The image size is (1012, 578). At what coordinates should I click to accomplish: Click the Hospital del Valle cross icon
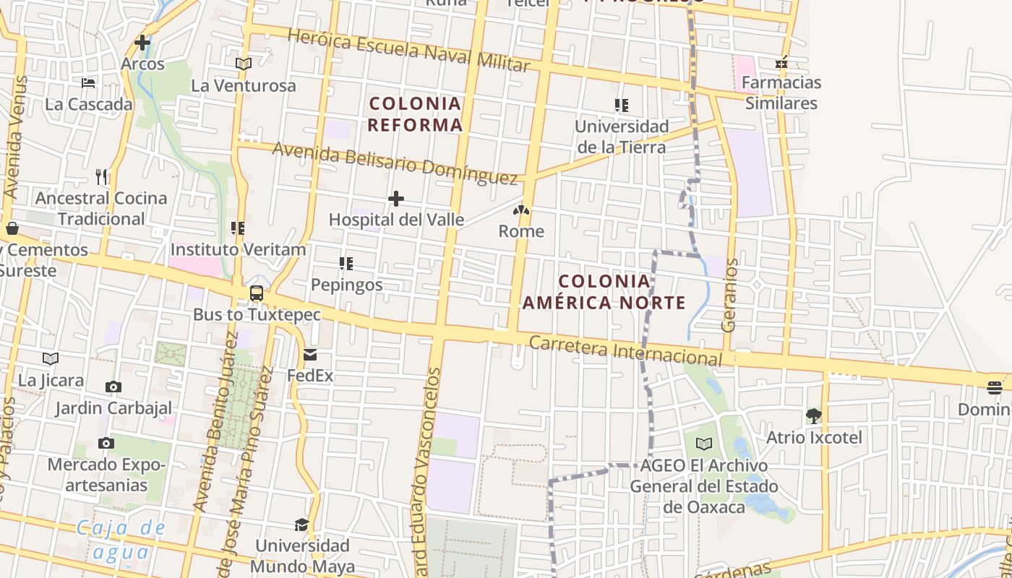pos(396,199)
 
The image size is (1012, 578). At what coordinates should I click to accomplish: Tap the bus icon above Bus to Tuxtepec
pos(257,293)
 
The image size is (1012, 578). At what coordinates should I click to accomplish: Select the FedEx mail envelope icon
pos(310,354)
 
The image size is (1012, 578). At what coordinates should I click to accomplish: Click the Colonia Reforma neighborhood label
pos(415,114)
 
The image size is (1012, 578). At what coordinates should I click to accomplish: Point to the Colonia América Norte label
pos(604,292)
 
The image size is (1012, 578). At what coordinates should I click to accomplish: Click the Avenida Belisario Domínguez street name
pos(395,163)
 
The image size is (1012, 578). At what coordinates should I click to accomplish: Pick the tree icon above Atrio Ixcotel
pos(814,415)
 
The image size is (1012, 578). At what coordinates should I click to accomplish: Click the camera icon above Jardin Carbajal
pos(113,387)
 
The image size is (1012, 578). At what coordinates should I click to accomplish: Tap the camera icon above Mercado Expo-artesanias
pos(106,443)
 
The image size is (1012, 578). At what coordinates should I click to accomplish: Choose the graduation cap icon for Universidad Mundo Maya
pos(301,524)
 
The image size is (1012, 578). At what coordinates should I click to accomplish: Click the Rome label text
pos(521,231)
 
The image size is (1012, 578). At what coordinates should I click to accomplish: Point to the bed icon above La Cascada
pos(88,83)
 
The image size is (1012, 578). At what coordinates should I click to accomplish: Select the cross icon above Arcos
pos(142,43)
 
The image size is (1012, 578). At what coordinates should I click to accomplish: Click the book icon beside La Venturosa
pos(244,64)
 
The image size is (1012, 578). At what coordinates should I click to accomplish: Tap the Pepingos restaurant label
pos(347,285)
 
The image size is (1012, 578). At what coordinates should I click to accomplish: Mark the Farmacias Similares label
pos(781,92)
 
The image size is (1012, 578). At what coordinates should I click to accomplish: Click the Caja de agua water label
pos(121,540)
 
